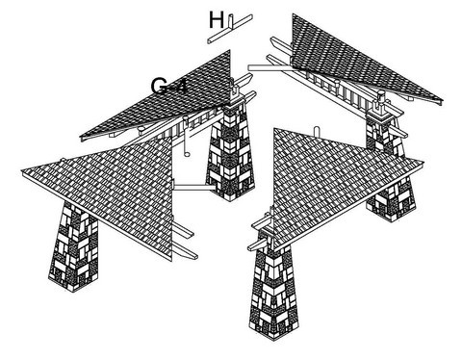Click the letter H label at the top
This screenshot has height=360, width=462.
pyautogui.click(x=217, y=19)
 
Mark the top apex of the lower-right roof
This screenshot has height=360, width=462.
pyautogui.click(x=274, y=129)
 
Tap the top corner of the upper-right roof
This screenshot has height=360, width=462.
pyautogui.click(x=294, y=15)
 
